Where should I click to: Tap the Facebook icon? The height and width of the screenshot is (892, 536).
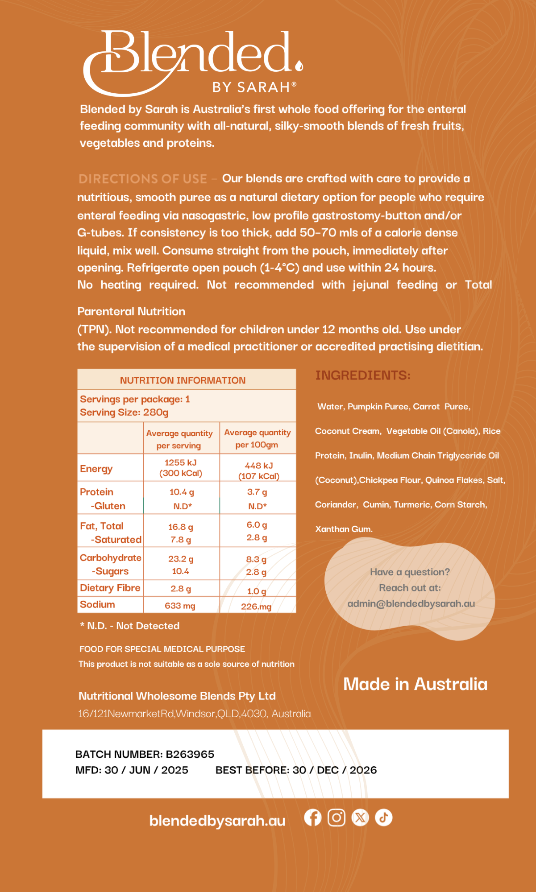point(313,818)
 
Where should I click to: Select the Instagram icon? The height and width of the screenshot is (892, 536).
point(337,818)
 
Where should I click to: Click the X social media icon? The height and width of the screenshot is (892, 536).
point(360,818)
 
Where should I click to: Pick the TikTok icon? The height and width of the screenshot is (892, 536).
point(383,818)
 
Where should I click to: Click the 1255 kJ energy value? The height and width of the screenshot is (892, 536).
point(180,463)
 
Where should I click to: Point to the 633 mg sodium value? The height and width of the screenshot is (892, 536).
point(180,606)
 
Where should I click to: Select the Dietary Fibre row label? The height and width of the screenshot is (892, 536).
point(110,588)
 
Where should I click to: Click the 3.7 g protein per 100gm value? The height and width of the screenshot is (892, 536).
point(257,492)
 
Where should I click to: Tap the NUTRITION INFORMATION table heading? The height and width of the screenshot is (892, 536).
point(183,380)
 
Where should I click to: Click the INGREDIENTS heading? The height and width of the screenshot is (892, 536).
point(363,376)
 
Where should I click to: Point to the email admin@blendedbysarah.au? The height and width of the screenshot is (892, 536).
point(411,603)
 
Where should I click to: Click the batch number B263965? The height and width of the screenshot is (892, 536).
point(190,754)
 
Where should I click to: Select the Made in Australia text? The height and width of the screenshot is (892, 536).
point(415,684)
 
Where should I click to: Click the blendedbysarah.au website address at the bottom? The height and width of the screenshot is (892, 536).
point(217,821)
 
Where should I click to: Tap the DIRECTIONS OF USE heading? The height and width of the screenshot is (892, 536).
point(143,179)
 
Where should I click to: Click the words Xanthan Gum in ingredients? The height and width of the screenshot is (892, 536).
point(344,529)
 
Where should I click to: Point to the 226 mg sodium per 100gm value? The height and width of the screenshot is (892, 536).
point(256,607)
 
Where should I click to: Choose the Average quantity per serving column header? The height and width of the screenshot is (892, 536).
point(179,439)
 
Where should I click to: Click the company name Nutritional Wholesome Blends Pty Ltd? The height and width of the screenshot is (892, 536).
point(177,696)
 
